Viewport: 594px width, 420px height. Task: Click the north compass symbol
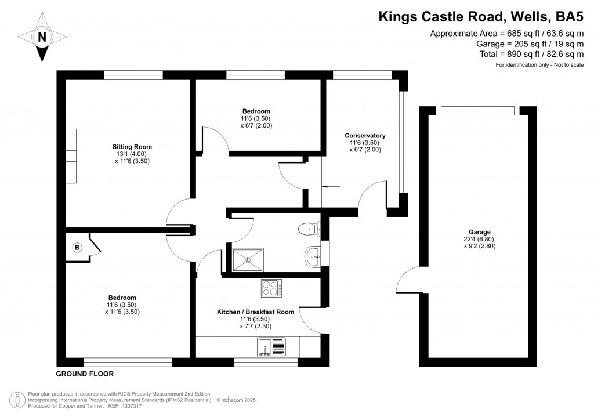(41, 38)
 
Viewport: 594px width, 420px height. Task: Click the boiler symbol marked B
(77, 248)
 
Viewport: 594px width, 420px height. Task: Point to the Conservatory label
(367, 136)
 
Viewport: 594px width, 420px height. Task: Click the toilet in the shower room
(308, 229)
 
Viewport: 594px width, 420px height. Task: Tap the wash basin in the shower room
(314, 254)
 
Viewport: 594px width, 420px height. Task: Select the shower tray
(248, 259)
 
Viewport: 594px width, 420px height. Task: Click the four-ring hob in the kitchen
(271, 288)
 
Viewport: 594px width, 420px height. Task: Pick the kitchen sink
(271, 348)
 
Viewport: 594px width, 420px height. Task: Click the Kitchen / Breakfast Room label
(255, 312)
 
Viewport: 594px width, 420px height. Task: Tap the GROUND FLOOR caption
(85, 374)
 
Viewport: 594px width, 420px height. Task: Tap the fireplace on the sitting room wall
(71, 155)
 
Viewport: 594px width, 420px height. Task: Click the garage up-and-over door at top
(477, 111)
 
